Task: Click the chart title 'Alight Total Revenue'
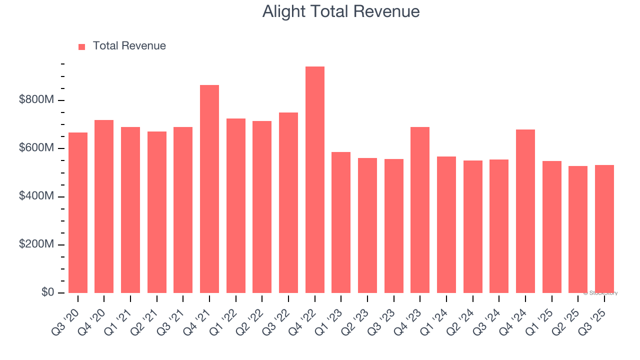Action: click(340, 11)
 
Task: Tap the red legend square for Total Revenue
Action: click(82, 46)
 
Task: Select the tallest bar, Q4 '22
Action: click(314, 180)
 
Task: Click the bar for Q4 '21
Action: click(209, 189)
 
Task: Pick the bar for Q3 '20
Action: click(78, 212)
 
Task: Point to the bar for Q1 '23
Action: click(341, 222)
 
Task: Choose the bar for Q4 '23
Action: click(420, 210)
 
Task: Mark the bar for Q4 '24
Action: click(525, 211)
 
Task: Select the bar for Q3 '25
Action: click(604, 229)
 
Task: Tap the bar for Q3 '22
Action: click(288, 202)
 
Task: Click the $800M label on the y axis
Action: click(36, 100)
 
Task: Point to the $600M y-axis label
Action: click(36, 148)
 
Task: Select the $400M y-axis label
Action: click(36, 196)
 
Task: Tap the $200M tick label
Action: click(36, 244)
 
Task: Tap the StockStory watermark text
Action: click(600, 293)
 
